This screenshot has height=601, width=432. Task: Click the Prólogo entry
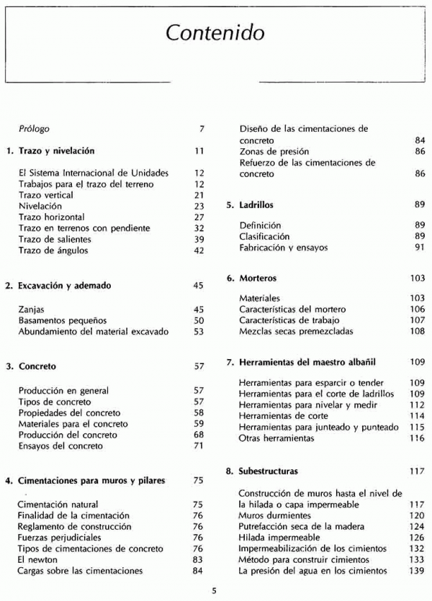[x=34, y=130]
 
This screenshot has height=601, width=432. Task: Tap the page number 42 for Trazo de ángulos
[x=199, y=250]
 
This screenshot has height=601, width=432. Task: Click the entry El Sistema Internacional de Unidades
[x=94, y=173]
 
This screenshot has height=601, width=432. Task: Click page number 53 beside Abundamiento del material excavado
[x=199, y=332]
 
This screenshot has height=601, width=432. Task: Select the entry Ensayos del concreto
[x=60, y=446]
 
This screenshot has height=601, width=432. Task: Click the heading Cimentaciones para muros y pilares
[x=91, y=480]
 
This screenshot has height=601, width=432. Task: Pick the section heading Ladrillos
[x=256, y=205]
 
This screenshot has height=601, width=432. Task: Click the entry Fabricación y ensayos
[x=284, y=248]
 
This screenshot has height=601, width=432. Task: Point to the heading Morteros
[x=257, y=278]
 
